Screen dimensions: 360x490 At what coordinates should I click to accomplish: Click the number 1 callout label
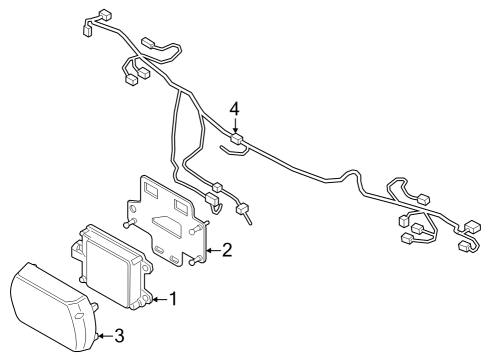click(x=173, y=298)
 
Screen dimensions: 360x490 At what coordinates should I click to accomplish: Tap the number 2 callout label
click(x=228, y=249)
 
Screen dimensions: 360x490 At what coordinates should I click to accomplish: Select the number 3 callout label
click(x=119, y=335)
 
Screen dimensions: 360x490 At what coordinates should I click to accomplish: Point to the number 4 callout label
click(x=234, y=107)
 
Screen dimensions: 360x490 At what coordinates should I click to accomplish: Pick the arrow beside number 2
click(x=212, y=249)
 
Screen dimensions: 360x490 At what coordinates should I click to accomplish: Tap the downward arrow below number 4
click(x=234, y=124)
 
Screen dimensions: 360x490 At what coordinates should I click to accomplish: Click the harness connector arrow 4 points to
click(x=236, y=139)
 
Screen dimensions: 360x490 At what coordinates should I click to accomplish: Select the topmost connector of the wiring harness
click(x=100, y=17)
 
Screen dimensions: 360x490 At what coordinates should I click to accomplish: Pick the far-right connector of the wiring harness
click(x=466, y=245)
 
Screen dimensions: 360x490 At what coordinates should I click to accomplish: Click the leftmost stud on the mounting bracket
click(x=125, y=227)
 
